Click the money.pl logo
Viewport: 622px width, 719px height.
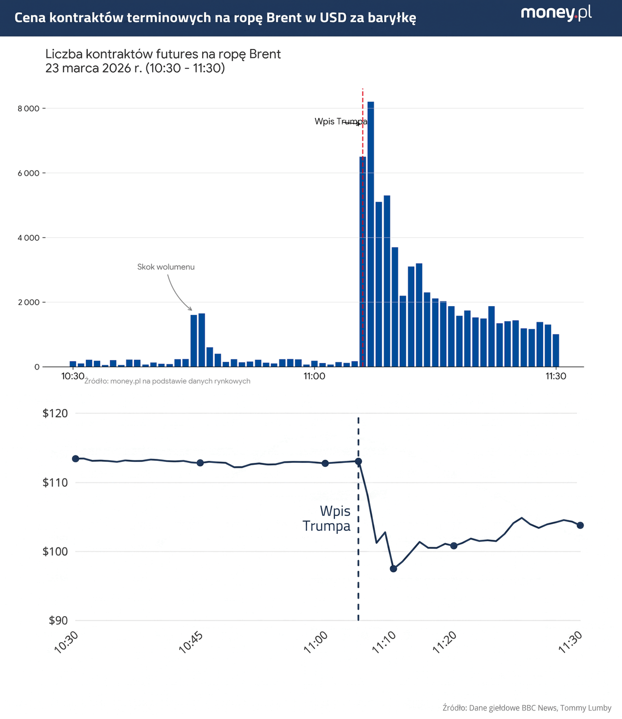pos(556,13)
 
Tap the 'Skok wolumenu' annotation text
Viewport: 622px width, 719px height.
pos(166,267)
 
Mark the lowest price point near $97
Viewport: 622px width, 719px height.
pos(393,569)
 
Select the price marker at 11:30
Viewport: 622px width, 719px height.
pos(580,525)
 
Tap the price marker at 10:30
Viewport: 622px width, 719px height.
pos(75,458)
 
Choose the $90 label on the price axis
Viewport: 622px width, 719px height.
pos(58,621)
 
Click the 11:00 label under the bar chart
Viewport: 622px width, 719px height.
pos(314,376)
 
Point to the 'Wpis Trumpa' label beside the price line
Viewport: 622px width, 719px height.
pos(327,518)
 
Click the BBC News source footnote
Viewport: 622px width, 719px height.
pos(527,708)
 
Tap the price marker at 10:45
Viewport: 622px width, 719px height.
pos(200,463)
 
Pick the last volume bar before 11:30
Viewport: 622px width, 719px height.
pos(556,351)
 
